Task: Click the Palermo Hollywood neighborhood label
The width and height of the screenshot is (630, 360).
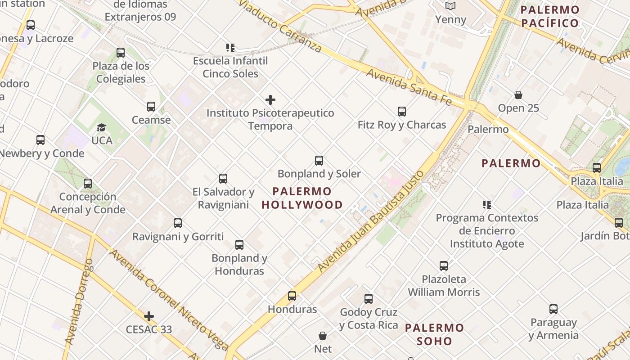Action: point(302,198)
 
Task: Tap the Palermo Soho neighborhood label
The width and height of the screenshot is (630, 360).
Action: point(434,334)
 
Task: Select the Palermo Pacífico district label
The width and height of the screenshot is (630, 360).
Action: point(550,17)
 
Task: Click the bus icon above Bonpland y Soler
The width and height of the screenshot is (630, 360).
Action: point(319,161)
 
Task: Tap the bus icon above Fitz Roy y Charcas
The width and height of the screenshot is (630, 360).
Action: point(402,112)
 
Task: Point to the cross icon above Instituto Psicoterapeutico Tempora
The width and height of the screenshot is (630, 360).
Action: point(270,100)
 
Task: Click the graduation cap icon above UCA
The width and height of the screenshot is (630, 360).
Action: point(102,128)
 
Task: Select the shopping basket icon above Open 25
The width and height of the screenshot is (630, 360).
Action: point(518,95)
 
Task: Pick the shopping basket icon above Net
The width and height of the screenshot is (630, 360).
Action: point(323,336)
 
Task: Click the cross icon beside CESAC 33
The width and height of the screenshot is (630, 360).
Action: point(149,317)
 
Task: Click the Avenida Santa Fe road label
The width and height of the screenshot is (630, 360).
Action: point(409,87)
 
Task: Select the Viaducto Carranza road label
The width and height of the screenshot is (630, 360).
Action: point(279,25)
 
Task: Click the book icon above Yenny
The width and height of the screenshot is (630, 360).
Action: point(450,6)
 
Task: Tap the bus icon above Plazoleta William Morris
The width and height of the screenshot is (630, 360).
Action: point(444,266)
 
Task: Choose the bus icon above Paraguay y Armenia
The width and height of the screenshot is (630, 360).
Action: point(553,309)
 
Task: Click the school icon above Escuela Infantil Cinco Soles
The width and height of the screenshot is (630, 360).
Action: point(230,48)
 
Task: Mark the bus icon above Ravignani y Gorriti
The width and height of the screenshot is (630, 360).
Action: point(178,223)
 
